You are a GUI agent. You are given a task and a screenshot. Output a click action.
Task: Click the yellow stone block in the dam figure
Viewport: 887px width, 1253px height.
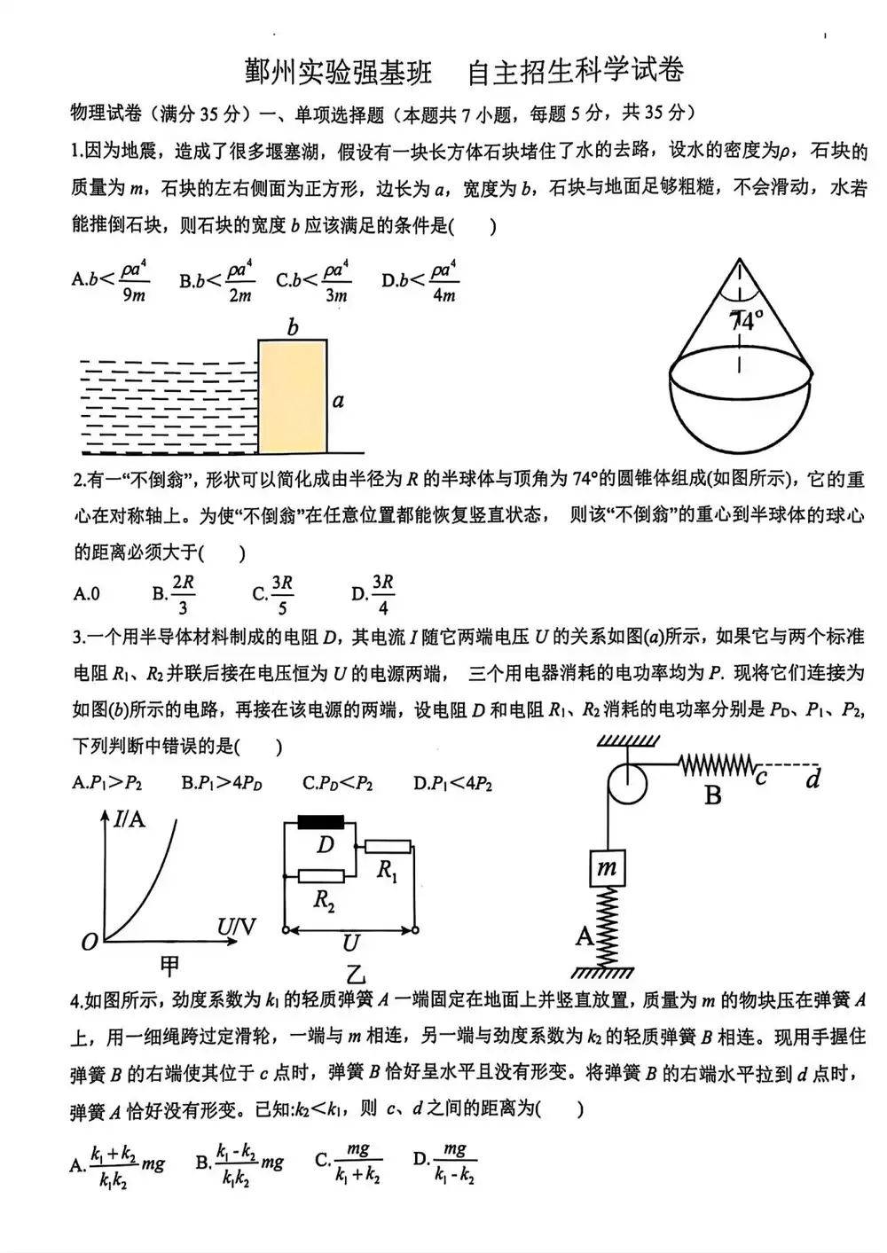(292, 394)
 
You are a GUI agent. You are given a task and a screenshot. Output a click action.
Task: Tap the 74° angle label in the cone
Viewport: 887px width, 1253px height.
(746, 320)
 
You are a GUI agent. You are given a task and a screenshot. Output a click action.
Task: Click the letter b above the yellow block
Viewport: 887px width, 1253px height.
(293, 328)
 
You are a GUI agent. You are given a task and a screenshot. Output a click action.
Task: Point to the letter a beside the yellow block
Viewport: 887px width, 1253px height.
(338, 401)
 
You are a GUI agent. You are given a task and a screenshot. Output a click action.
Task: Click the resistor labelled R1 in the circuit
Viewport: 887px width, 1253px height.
(388, 846)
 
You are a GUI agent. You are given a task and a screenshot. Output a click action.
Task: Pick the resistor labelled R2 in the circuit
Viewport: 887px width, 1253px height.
(320, 876)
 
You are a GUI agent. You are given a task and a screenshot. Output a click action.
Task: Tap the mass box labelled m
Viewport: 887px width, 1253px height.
(607, 867)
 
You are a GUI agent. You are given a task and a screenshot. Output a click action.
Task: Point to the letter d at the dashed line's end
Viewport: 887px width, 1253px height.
(812, 779)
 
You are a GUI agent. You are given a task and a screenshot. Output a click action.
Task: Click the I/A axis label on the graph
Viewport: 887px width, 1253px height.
(129, 818)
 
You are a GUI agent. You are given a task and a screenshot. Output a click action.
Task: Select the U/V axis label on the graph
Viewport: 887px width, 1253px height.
(236, 928)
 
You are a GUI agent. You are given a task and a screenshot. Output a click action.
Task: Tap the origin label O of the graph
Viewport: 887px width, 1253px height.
(89, 942)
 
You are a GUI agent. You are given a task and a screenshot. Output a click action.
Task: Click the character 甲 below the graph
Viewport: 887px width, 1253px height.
(169, 964)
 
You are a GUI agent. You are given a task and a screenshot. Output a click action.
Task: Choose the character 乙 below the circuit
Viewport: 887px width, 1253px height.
(354, 975)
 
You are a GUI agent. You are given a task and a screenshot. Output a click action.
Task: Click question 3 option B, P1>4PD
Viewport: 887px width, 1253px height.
(222, 783)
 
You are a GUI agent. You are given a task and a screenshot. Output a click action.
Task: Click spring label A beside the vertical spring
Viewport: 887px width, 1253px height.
(584, 936)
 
